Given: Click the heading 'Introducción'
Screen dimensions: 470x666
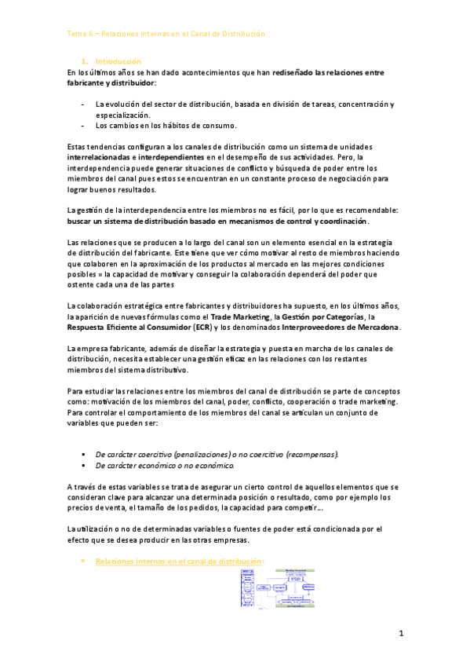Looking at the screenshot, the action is pos(118,60).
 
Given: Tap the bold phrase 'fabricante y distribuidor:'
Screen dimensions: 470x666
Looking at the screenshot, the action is pos(112,82).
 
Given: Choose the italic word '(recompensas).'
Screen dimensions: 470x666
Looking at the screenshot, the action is pos(312,454).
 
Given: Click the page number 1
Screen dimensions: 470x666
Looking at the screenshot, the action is pos(400,633).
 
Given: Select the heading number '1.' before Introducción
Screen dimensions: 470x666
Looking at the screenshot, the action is pos(85,60).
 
